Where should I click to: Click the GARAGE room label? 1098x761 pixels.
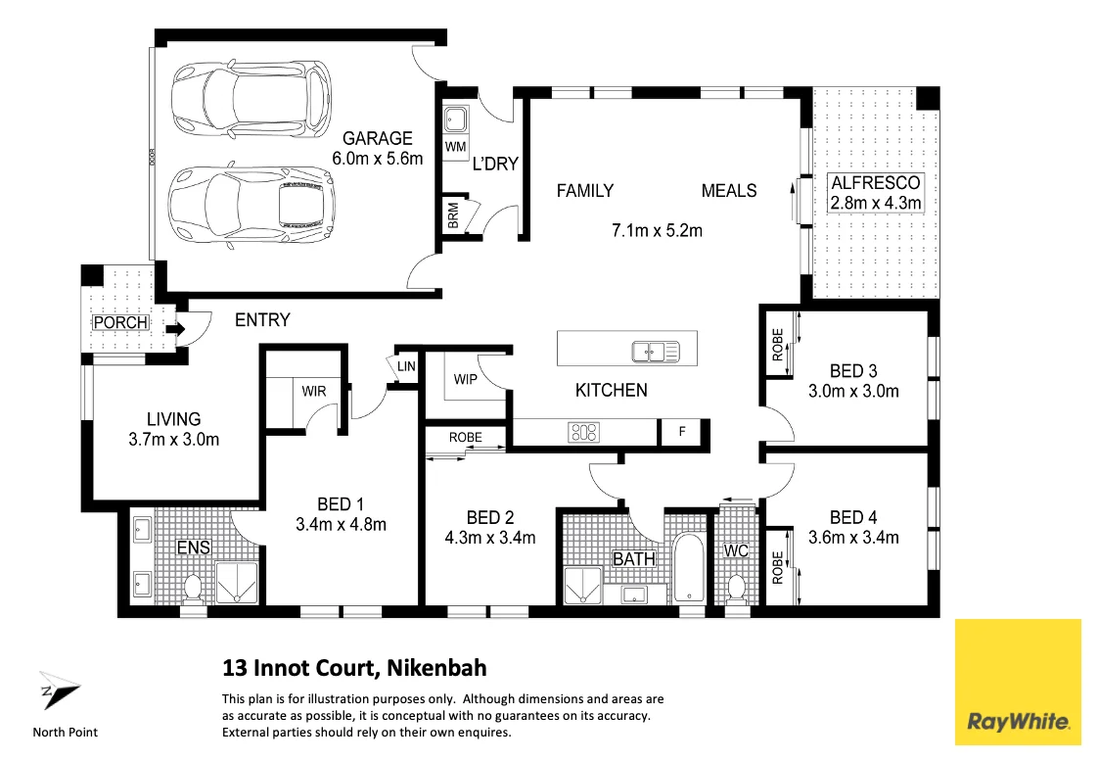click(x=377, y=138)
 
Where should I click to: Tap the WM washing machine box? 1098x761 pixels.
click(x=454, y=147)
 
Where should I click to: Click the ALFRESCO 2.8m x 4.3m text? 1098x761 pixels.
click(x=876, y=193)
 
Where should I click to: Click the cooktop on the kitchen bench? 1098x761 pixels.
click(x=584, y=430)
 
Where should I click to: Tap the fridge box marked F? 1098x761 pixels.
click(x=683, y=432)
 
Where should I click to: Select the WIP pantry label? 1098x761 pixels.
click(x=466, y=379)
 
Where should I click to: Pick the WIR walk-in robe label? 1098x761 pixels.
click(x=314, y=392)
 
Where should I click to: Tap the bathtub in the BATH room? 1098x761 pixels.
click(x=690, y=569)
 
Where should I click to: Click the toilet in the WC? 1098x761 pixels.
click(x=738, y=589)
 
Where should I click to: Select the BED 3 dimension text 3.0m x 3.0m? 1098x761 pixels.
click(x=852, y=391)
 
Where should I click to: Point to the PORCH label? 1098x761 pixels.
click(x=120, y=322)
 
